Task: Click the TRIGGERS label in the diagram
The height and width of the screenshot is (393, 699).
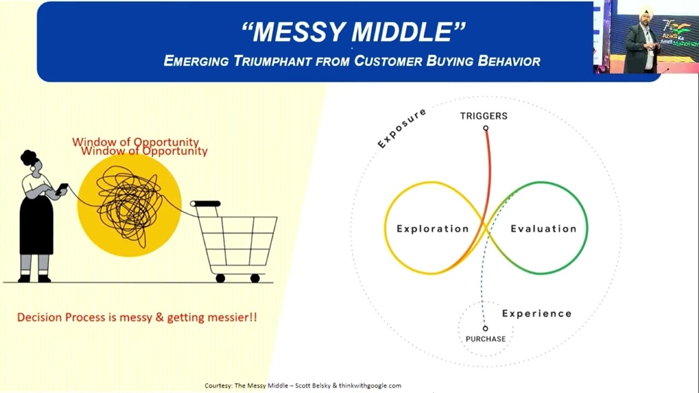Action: tap(483, 116)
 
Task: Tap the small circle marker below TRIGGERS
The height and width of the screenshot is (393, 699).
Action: tap(485, 128)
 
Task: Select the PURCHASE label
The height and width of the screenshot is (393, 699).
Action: tap(485, 339)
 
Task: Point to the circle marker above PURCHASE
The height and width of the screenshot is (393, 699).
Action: tap(485, 329)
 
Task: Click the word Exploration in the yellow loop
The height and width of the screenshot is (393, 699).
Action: tap(433, 229)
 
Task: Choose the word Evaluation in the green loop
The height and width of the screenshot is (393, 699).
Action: tap(543, 229)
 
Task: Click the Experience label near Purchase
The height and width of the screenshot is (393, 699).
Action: tap(537, 313)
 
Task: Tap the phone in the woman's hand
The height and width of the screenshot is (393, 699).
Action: tap(62, 188)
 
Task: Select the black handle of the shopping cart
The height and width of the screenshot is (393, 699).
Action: tap(206, 204)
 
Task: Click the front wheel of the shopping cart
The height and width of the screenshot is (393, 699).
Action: tap(255, 278)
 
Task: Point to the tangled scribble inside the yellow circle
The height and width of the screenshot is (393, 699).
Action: tap(129, 205)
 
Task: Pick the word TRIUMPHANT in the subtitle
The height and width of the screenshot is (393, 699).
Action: tap(275, 61)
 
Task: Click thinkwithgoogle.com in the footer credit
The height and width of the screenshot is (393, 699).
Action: tap(370, 385)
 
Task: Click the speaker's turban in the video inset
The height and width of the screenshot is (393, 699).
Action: tap(646, 11)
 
